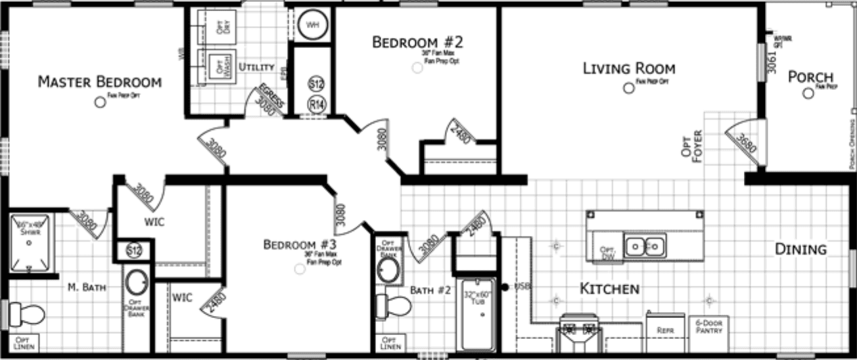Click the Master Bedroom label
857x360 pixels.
click(x=99, y=82)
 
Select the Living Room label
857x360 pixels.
click(x=629, y=68)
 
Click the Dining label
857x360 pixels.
click(x=800, y=250)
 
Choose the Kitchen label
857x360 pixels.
click(x=609, y=289)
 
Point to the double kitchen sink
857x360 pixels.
click(x=645, y=246)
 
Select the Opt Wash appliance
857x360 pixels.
click(x=216, y=67)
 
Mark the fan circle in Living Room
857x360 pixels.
click(x=629, y=88)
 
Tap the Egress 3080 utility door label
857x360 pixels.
click(x=269, y=100)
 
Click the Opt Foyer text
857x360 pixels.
click(x=697, y=148)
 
